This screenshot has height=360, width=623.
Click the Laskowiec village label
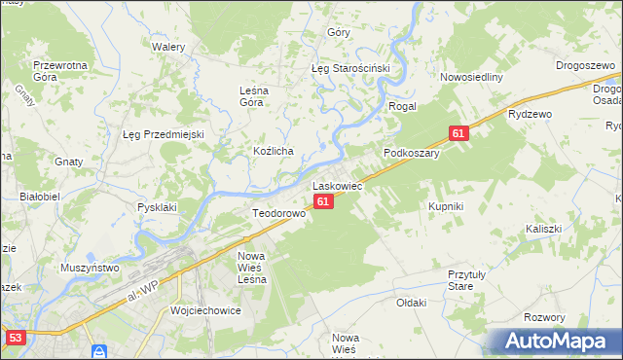pos(337,185)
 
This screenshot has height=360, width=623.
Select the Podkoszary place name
pos(412,153)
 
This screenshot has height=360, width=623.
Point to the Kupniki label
pos(446,206)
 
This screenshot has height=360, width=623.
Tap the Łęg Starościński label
pos(349,69)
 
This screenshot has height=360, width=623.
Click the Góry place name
pos(339,32)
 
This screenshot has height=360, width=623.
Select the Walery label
pos(168,46)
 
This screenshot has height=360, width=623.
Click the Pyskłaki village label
pos(157,207)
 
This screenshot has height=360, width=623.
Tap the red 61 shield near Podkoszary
pos(459,133)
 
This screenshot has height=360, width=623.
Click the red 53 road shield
pos(15,338)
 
